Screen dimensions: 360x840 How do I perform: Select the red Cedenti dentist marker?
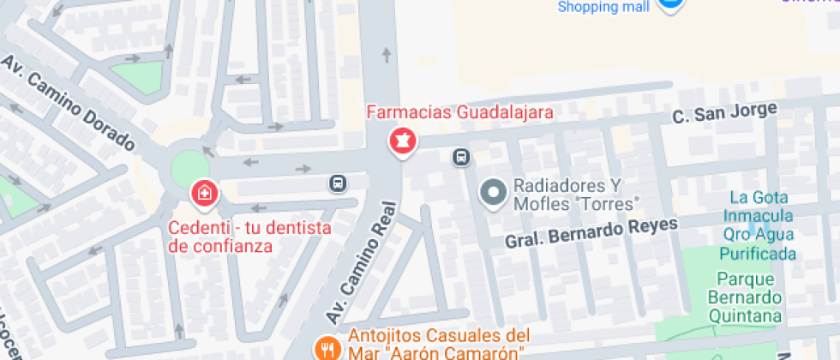tap(205, 193)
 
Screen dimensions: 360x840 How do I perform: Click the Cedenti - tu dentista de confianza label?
tap(249, 237)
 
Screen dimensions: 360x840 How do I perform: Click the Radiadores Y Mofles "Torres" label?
tap(577, 195)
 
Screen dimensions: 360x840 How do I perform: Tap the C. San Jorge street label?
tap(724, 112)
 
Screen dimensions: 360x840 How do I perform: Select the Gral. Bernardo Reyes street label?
tap(591, 231)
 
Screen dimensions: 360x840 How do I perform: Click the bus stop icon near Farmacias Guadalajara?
tap(461, 157)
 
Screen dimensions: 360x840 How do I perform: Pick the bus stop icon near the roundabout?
tap(338, 183)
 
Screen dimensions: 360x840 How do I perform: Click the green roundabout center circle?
tap(189, 166)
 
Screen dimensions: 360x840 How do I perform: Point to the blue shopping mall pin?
tap(671, 4)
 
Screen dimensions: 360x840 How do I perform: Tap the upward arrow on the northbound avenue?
tap(387, 57)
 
